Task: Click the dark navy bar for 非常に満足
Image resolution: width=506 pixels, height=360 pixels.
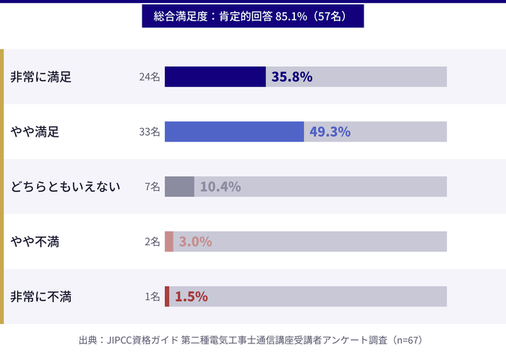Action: coord(215,77)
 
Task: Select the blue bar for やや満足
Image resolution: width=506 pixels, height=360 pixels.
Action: coord(234,132)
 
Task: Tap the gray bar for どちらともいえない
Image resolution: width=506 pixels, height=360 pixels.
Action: coord(179,187)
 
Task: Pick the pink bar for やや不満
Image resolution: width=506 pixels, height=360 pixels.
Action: coord(169,241)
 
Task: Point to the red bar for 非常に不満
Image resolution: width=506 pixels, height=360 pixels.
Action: coord(167,296)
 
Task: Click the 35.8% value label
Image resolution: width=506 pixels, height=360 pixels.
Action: coord(291,77)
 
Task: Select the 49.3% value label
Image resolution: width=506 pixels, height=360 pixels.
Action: coord(330,132)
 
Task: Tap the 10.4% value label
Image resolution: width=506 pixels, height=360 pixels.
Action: coord(220,187)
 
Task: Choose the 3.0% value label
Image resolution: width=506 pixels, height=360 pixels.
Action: coord(195,241)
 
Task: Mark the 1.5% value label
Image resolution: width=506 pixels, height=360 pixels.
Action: coord(191,296)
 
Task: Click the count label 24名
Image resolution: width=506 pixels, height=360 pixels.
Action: coord(150,77)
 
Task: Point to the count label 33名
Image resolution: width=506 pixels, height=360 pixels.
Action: coord(150,132)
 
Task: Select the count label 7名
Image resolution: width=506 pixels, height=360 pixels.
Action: coord(152,187)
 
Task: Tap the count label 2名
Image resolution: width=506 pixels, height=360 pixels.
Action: coord(152,241)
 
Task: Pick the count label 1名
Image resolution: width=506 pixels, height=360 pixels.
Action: coord(152,296)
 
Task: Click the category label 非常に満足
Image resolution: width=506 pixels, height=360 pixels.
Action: coord(40,77)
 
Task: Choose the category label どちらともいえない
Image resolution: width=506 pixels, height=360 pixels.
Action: coord(66,187)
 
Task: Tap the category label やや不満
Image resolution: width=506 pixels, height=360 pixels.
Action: coord(35,241)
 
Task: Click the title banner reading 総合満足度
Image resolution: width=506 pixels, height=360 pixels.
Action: coord(252,16)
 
